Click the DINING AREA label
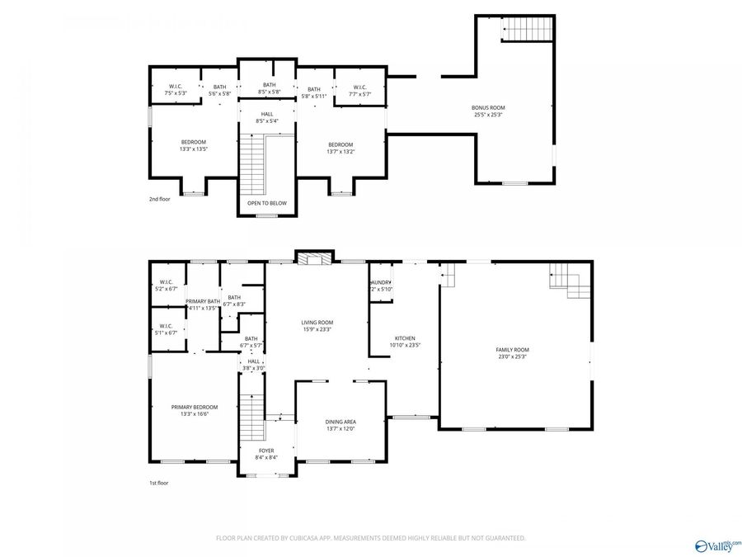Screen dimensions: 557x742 340,425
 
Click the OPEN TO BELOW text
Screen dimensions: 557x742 267,203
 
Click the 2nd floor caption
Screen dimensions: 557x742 159,200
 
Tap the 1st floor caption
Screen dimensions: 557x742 158,483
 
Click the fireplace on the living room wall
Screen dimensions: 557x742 314,258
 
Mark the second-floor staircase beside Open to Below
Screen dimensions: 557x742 253,161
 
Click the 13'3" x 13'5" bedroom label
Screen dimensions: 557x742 193,145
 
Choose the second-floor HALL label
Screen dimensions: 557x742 267,117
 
